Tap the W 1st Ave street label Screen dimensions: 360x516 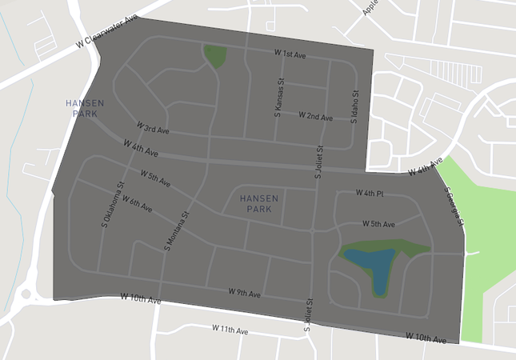(290, 54)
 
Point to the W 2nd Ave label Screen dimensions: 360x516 (315, 116)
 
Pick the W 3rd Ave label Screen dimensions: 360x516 (153, 128)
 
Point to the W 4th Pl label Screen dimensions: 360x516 (370, 194)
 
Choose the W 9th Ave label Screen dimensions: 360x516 (245, 293)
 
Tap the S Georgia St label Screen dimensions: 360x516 (454, 206)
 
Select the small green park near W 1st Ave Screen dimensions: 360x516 (215, 55)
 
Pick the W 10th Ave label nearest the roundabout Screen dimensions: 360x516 (141, 298)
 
